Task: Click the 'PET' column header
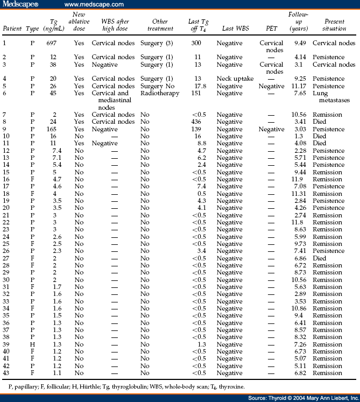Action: click(x=271, y=29)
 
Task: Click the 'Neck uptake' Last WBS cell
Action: click(x=235, y=79)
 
